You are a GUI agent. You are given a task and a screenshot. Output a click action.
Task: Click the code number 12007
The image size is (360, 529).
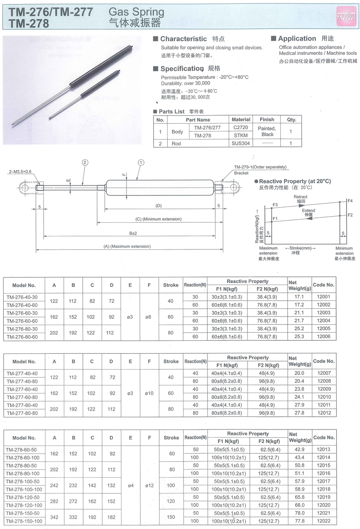[x=324, y=373]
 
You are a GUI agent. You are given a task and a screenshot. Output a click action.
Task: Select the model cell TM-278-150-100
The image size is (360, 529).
[x=24, y=521]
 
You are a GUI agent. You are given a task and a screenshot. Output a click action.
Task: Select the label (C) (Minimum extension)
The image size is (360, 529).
[x=158, y=219]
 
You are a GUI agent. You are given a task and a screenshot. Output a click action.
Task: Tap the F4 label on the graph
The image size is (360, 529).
[x=350, y=200]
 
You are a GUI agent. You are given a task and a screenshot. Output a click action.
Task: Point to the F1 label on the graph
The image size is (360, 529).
[x=275, y=219]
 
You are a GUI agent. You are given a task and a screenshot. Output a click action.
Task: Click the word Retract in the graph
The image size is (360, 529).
[x=301, y=197]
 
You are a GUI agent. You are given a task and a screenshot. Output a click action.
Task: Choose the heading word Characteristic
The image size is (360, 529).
[x=184, y=39]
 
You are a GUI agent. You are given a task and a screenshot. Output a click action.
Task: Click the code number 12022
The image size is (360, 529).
[x=324, y=521]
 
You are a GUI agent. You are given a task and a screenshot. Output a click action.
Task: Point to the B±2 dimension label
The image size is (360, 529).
[x=133, y=233]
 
